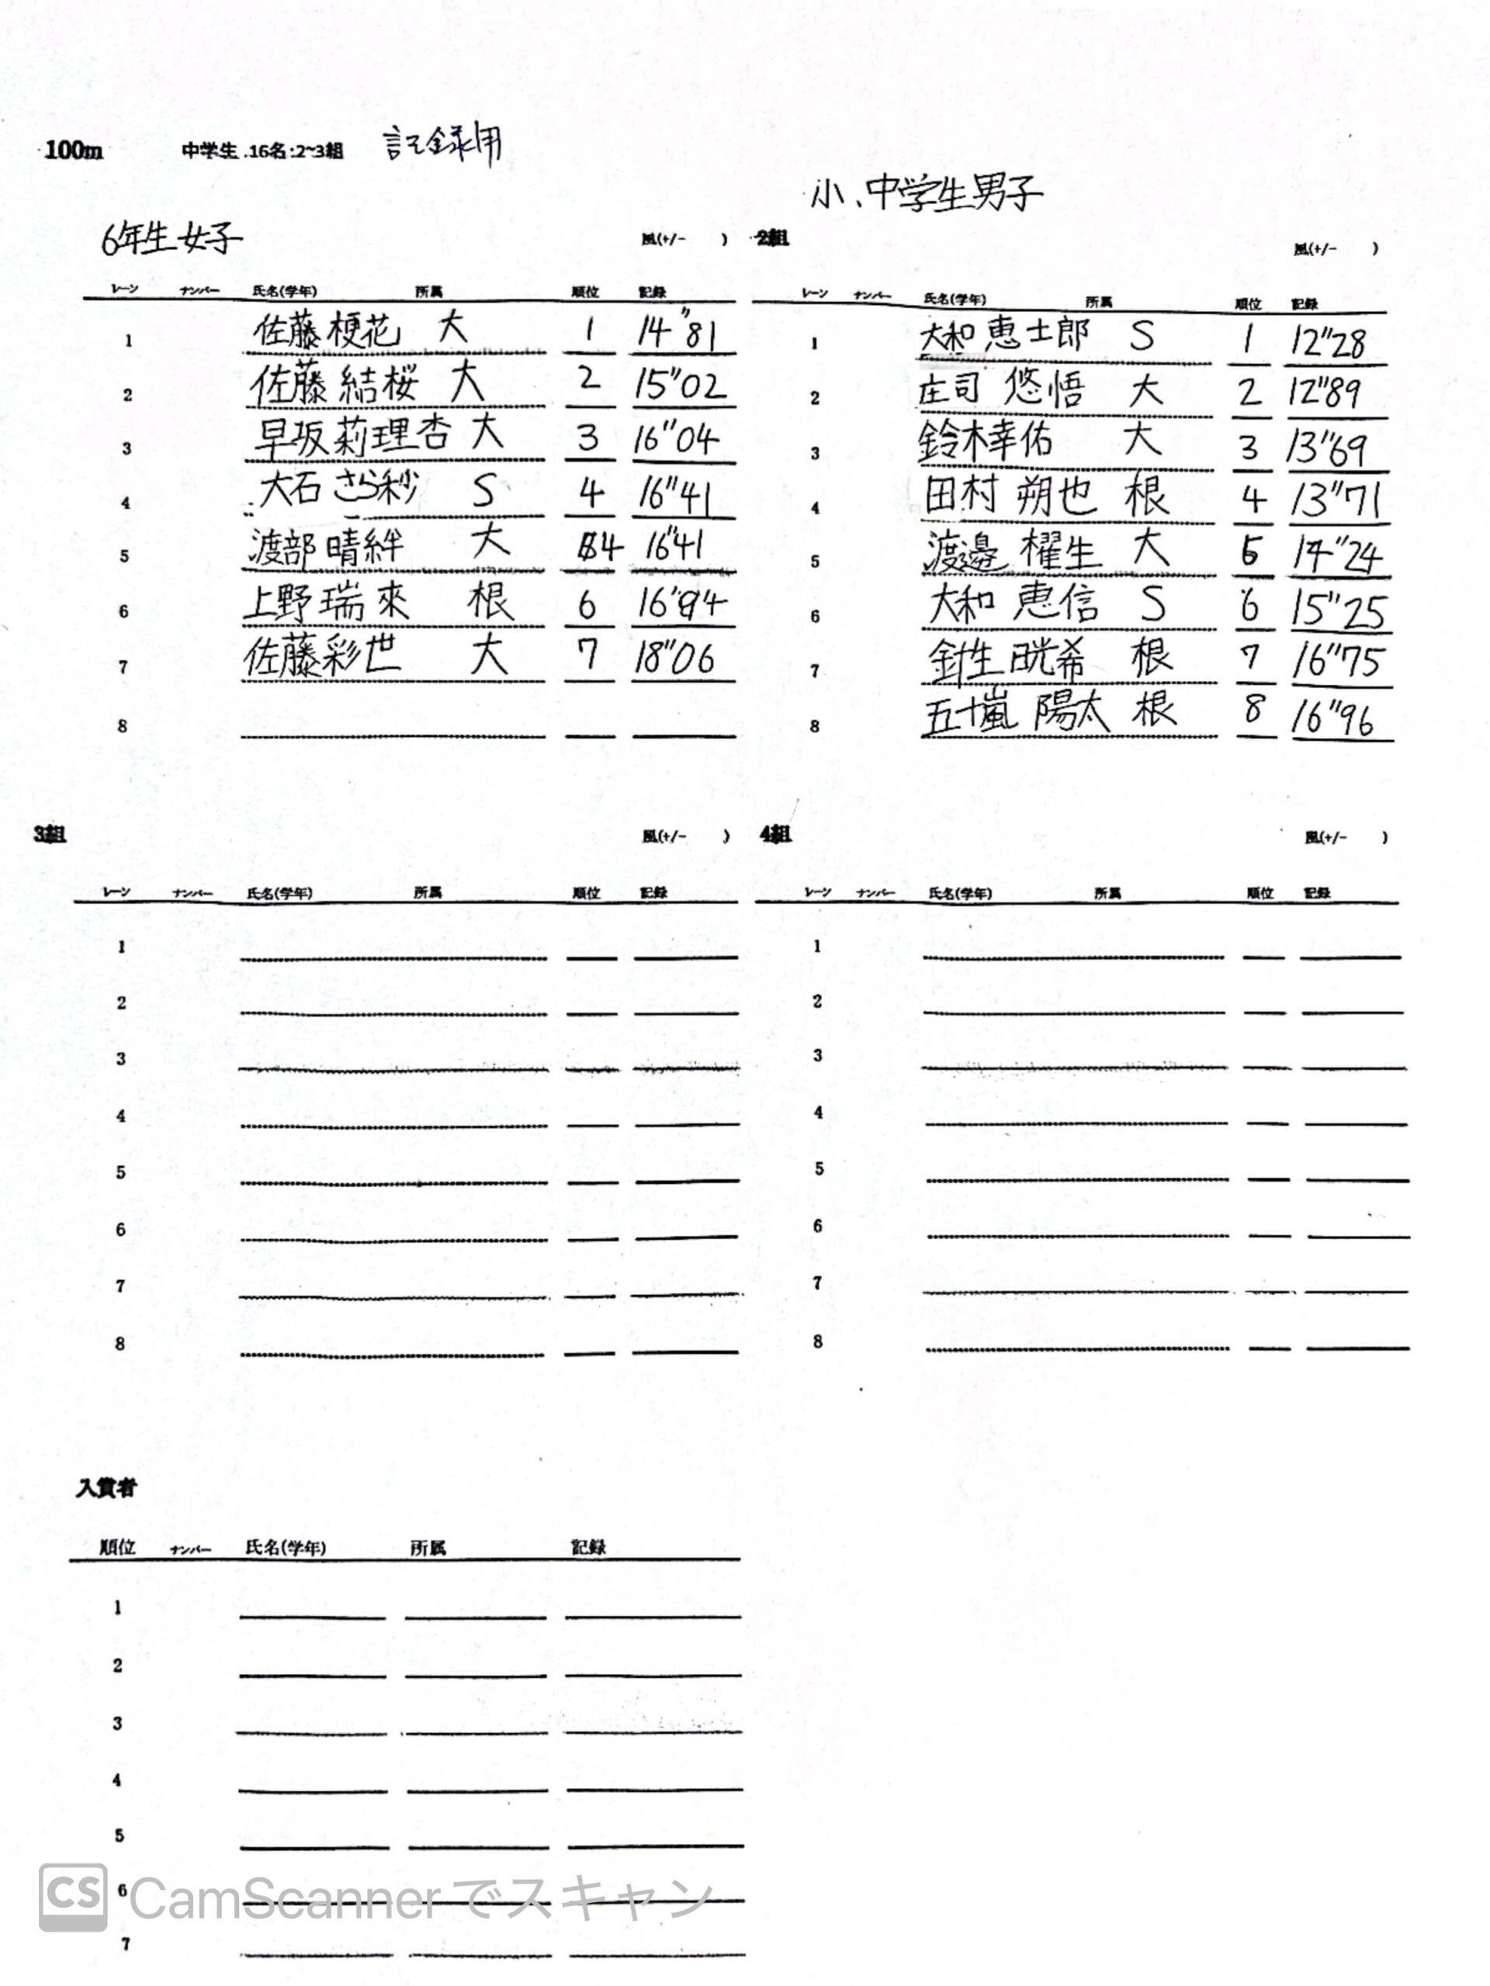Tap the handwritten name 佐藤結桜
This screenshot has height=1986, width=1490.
pyautogui.click(x=334, y=385)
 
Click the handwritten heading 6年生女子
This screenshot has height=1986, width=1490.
pyautogui.click(x=171, y=238)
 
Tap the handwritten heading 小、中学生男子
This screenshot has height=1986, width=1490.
pyautogui.click(x=925, y=193)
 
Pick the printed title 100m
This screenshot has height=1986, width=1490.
pyautogui.click(x=74, y=150)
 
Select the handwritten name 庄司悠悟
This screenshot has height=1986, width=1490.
pyautogui.click(x=1000, y=390)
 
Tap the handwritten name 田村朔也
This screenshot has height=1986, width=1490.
pyautogui.click(x=1010, y=496)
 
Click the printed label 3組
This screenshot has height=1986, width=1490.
pyautogui.click(x=50, y=834)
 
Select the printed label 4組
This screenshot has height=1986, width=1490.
pyautogui.click(x=775, y=834)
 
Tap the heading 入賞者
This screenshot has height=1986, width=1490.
pyautogui.click(x=106, y=1488)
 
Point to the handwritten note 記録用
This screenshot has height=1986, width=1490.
pyautogui.click(x=442, y=145)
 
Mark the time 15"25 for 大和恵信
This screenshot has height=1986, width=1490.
pyautogui.click(x=1337, y=610)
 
